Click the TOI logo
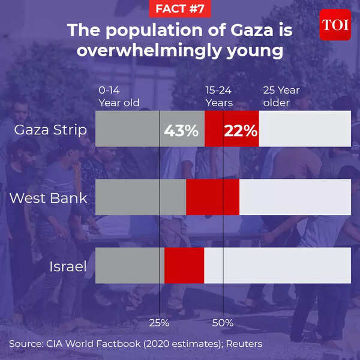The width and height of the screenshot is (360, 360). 335,25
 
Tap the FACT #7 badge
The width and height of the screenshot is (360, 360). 179,8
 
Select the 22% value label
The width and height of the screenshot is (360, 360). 240,130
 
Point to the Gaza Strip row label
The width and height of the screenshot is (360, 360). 50,130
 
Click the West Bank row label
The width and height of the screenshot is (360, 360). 49,197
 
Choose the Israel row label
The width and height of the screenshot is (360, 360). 67,266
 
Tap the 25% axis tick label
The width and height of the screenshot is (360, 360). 159,323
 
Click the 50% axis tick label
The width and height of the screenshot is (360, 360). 223,323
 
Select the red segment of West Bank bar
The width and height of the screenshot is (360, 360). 212,197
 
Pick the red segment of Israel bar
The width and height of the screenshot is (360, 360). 184,266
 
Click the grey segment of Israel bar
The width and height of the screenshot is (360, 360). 130,266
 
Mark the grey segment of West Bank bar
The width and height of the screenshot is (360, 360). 140,197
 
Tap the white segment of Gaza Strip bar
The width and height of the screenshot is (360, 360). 305,129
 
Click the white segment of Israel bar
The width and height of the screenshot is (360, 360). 277,266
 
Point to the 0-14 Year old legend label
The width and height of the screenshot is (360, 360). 119,97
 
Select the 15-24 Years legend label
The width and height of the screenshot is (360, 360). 219,97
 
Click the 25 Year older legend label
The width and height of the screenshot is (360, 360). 281,97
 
